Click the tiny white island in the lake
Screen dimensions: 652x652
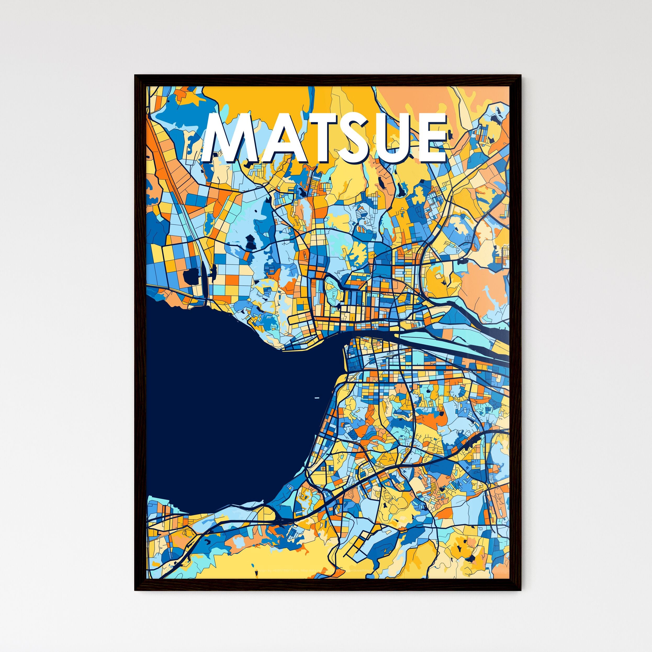click(x=317, y=398)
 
